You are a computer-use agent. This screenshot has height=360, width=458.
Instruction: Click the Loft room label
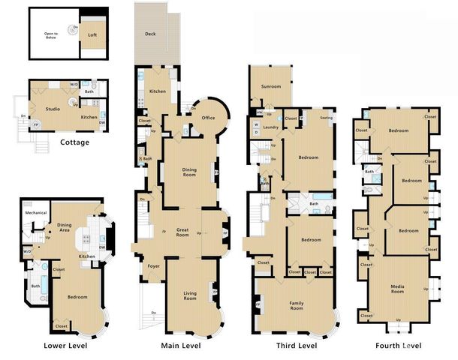[92, 34]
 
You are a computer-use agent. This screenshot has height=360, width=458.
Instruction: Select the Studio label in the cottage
[53, 109]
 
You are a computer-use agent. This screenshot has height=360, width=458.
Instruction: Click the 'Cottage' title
[75, 142]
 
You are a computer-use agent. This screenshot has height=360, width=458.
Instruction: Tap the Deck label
[150, 34]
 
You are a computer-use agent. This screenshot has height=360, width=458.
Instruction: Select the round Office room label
[208, 118]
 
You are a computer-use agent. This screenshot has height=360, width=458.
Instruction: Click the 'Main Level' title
[181, 346]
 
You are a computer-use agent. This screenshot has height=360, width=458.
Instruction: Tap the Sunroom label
[271, 87]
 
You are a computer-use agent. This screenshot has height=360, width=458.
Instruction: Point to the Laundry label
[271, 127]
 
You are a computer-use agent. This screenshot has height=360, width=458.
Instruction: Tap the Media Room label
[399, 289]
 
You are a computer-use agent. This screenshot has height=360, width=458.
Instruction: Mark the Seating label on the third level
[326, 118]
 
